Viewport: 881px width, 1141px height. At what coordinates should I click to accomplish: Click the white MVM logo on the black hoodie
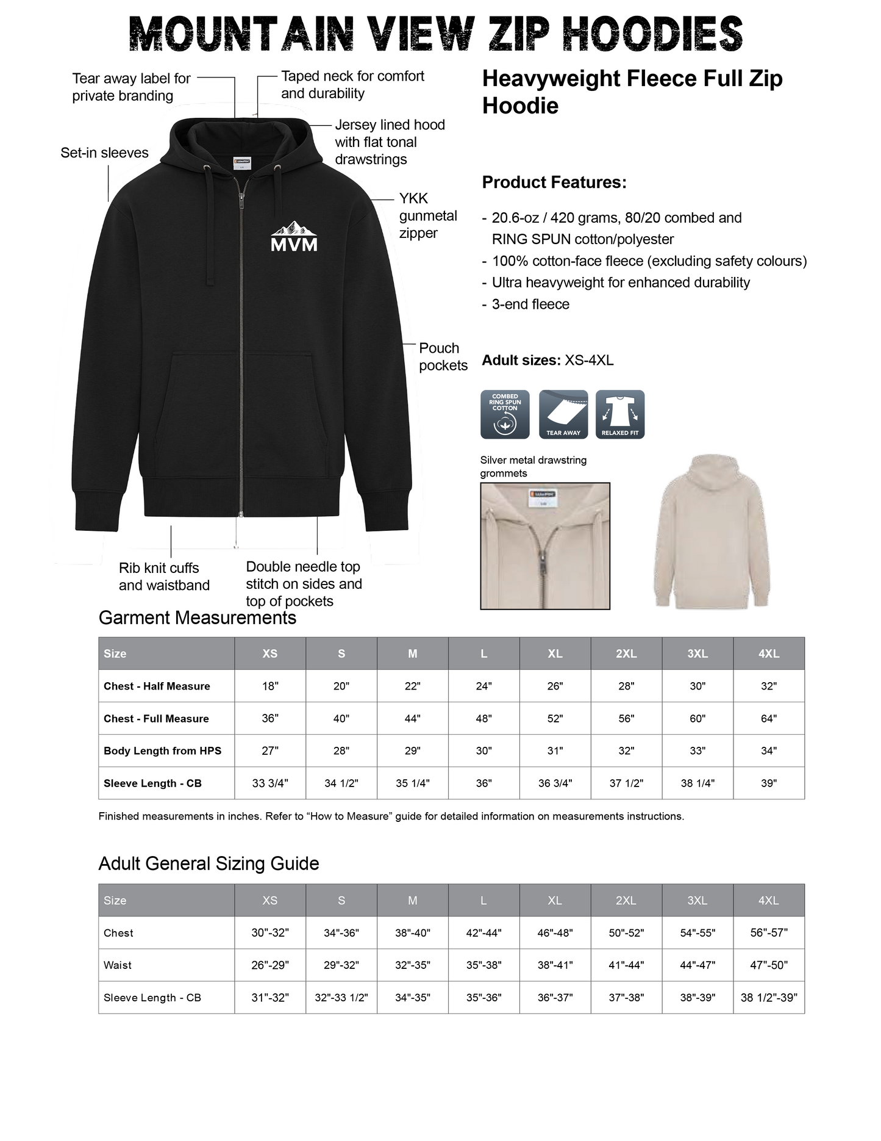click(x=294, y=237)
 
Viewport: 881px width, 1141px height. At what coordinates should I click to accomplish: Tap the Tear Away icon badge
click(x=563, y=414)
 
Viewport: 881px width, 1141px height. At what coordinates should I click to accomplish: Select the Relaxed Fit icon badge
click(x=619, y=414)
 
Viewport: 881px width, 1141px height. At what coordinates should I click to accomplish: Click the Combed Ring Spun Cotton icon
click(x=505, y=414)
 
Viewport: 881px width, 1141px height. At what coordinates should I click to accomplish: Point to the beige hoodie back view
click(x=712, y=531)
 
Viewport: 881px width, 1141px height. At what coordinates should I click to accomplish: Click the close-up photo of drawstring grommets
click(x=545, y=545)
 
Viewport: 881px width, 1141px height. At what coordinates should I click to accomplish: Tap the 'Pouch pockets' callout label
click(x=443, y=357)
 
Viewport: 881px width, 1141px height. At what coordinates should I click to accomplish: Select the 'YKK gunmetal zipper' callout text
click(x=427, y=216)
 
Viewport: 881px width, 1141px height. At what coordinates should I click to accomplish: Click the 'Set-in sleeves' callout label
click(x=104, y=153)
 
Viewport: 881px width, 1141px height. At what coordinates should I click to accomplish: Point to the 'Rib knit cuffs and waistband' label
click(x=164, y=577)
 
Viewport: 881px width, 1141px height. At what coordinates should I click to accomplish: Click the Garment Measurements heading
click(x=198, y=618)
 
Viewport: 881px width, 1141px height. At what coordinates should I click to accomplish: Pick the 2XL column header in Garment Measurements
click(x=626, y=653)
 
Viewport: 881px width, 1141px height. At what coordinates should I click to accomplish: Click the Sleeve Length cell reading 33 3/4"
click(x=270, y=783)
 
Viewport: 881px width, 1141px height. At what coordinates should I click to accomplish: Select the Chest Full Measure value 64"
click(x=769, y=719)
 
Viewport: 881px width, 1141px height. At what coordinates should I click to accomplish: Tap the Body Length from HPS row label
click(x=162, y=751)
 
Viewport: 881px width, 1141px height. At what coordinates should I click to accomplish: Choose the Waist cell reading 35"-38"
click(x=483, y=965)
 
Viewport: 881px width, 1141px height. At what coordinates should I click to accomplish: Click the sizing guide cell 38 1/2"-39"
click(x=769, y=998)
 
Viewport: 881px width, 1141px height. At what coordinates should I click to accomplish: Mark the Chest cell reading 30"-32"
click(x=270, y=933)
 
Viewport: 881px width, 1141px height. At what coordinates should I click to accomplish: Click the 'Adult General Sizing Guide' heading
click(x=209, y=864)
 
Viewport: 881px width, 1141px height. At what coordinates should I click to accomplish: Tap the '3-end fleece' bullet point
click(x=530, y=304)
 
